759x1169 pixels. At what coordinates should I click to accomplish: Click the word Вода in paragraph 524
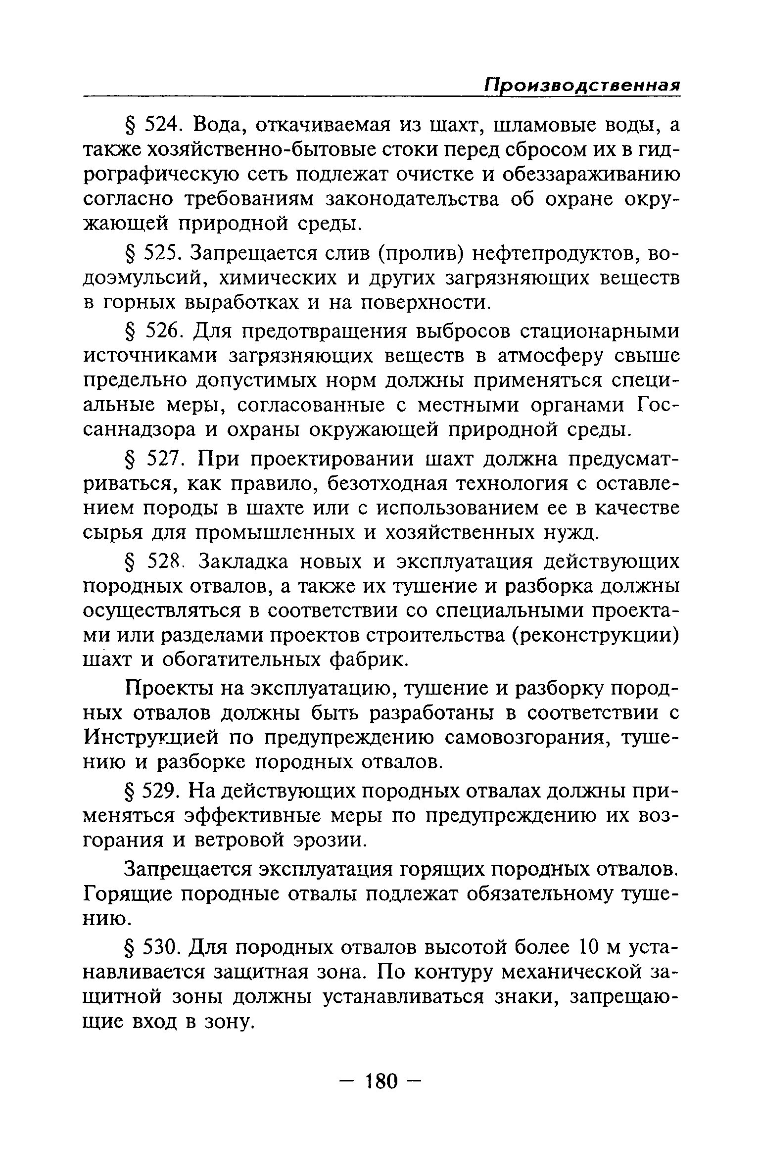click(218, 126)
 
